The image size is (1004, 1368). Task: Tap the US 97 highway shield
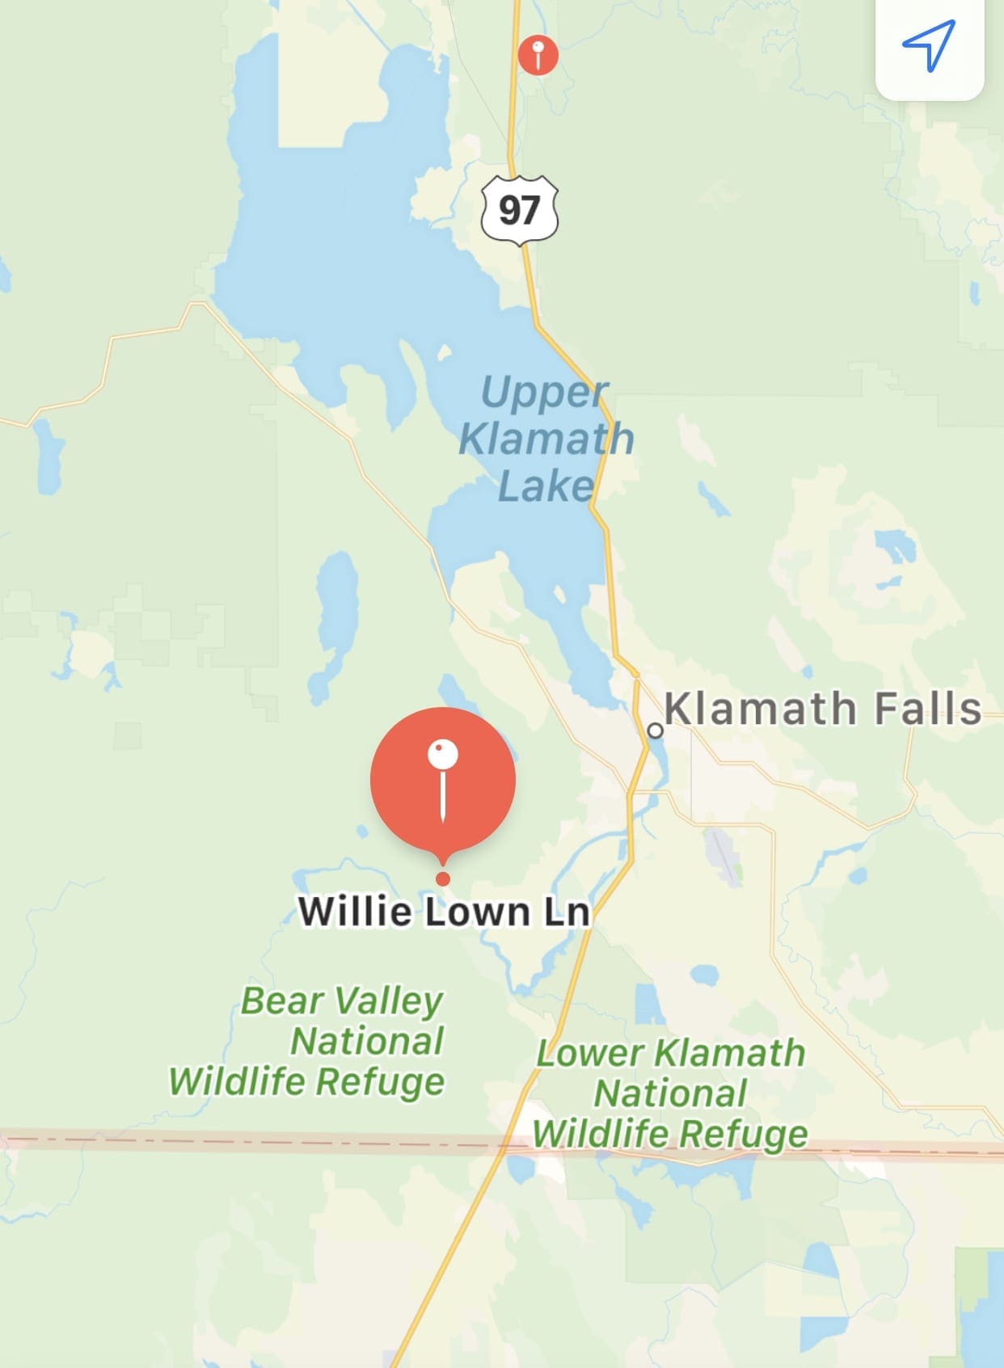[x=520, y=209]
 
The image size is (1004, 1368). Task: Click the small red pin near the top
[x=538, y=55]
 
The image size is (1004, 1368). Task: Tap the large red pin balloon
[x=443, y=780]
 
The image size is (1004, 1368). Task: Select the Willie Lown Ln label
[x=444, y=911]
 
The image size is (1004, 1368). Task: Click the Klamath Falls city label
[x=823, y=709]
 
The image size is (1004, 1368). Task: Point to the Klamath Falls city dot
[x=656, y=730]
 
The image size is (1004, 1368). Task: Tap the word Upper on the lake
[x=543, y=393]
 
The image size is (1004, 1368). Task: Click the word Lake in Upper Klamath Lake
[x=546, y=486]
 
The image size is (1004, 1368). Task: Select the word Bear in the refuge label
[x=282, y=1000]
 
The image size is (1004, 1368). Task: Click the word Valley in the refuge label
[x=390, y=1002]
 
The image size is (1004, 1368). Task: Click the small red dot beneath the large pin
[x=442, y=878]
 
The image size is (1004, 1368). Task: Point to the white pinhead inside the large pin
[x=443, y=755]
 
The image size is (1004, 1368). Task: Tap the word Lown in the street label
[x=477, y=911]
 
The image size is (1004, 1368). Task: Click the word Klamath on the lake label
[x=546, y=439]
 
